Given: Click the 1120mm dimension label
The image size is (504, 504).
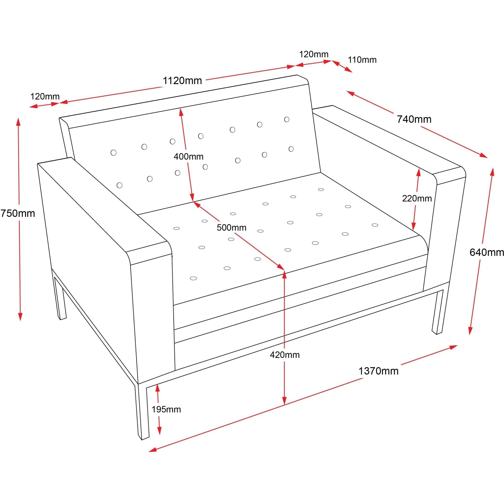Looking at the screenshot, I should [182, 81].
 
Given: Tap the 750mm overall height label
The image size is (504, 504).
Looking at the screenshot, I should [17, 213].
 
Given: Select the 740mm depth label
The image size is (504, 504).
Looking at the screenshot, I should [414, 119].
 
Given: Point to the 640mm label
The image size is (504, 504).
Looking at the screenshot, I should [486, 252].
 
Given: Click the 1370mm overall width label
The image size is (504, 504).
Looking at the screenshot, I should [378, 371].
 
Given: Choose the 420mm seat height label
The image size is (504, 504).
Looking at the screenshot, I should [285, 355].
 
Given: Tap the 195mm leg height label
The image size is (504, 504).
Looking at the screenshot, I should [166, 409].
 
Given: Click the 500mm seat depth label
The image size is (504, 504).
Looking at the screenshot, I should [231, 228].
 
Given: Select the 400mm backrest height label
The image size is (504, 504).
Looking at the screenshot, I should [188, 157].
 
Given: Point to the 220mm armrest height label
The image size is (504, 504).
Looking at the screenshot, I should [417, 199].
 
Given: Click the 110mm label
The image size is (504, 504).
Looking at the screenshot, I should [362, 60].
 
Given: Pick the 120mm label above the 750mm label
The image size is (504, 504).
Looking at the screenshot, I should [45, 97].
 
